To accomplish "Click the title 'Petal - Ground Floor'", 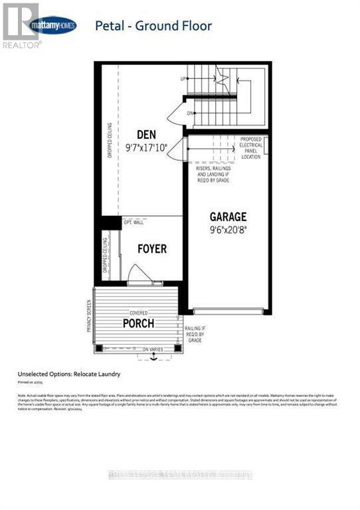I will pos(153,27).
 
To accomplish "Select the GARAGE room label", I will pos(228,216).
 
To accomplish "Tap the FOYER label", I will pos(151,249).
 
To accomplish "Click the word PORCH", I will pos(138,323).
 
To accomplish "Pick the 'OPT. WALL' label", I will pos(133,222).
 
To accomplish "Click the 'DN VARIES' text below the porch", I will pos(153,349).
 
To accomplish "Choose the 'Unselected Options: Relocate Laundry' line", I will pos(70,374).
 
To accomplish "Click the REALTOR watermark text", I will pos(22,44).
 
